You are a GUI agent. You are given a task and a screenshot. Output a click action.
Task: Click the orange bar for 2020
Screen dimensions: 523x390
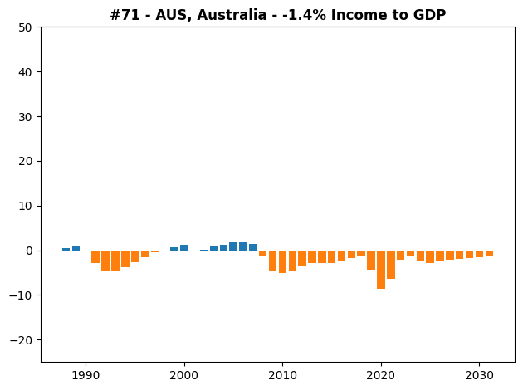[380, 270]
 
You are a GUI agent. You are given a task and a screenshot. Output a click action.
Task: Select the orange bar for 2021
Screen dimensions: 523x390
[390, 265]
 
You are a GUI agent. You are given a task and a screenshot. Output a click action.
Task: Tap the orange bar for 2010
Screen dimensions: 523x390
[282, 261]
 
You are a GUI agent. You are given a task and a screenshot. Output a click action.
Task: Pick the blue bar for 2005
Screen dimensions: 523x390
[233, 246]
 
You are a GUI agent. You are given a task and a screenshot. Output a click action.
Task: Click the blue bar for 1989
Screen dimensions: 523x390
[76, 249]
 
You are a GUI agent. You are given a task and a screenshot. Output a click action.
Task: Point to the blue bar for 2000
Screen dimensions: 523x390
[184, 247]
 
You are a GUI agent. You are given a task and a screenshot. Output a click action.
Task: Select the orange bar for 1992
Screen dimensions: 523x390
[105, 261]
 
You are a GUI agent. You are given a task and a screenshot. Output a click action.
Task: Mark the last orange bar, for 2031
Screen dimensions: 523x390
[489, 253]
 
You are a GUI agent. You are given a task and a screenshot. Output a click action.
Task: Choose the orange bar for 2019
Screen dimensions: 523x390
[371, 260]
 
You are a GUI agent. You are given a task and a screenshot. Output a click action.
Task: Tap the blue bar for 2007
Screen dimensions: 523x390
[253, 247]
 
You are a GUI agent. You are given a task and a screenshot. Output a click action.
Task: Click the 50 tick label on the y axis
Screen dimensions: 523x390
[25, 27]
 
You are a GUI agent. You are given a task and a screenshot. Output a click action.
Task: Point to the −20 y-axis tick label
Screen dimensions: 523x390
[21, 340]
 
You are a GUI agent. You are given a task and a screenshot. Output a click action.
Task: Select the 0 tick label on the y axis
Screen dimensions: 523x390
[29, 251]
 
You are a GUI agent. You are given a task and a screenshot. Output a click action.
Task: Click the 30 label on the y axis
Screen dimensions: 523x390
[25, 117]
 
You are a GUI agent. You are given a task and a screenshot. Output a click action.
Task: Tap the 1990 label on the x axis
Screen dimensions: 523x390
[86, 376]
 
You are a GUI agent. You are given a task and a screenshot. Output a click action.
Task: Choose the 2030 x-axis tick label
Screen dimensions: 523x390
[479, 376]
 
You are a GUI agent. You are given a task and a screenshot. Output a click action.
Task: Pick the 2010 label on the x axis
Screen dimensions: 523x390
[282, 376]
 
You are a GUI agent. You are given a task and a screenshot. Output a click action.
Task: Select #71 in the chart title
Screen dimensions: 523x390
[125, 15]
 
